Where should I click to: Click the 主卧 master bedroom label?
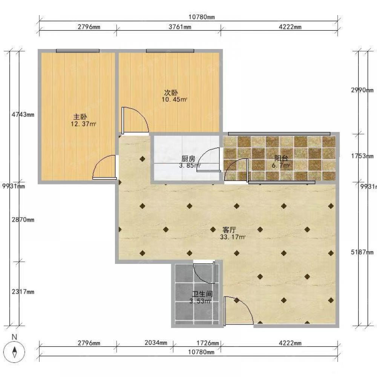pyautogui.click(x=80, y=117)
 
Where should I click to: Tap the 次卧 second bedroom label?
pyautogui.click(x=171, y=93)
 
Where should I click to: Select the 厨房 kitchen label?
pyautogui.click(x=188, y=159)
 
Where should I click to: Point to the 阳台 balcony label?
pyautogui.click(x=281, y=158)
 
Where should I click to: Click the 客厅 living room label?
pyautogui.click(x=229, y=230)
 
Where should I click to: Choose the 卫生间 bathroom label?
pyautogui.click(x=202, y=294)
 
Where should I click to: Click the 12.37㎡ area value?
pyautogui.click(x=83, y=124)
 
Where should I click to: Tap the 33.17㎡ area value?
pyautogui.click(x=233, y=237)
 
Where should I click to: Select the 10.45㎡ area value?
pyautogui.click(x=174, y=100)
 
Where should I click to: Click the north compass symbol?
pyautogui.click(x=15, y=352)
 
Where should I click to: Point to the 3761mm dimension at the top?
pyautogui.click(x=180, y=27)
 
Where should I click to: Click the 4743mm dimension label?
pyautogui.click(x=23, y=115)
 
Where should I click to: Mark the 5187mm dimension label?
pyautogui.click(x=362, y=252)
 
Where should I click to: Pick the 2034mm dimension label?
pyautogui.click(x=156, y=343)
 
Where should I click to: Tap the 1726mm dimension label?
pyautogui.click(x=208, y=343)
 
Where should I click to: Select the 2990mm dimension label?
pyautogui.click(x=362, y=90)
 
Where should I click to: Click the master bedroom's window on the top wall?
pyautogui.click(x=78, y=51)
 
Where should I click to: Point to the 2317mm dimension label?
pyautogui.click(x=23, y=292)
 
